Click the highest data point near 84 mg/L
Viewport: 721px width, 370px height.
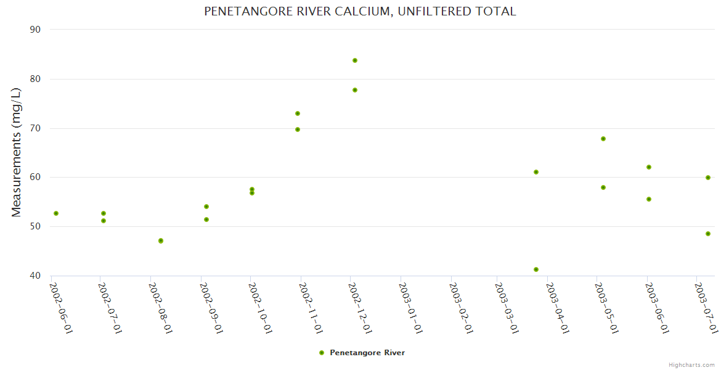point(355,60)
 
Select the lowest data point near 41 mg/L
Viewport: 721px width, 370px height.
point(536,269)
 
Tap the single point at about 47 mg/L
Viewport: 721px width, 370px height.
point(161,240)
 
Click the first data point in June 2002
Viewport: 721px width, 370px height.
point(56,213)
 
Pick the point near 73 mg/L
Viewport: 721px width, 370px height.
point(298,113)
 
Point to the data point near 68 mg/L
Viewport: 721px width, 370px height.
point(603,139)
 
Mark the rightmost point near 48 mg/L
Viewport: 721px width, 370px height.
point(708,234)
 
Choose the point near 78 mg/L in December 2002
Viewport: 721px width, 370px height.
point(355,90)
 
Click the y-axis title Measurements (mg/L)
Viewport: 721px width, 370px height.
point(17,152)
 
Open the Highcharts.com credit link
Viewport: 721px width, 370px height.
point(691,364)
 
